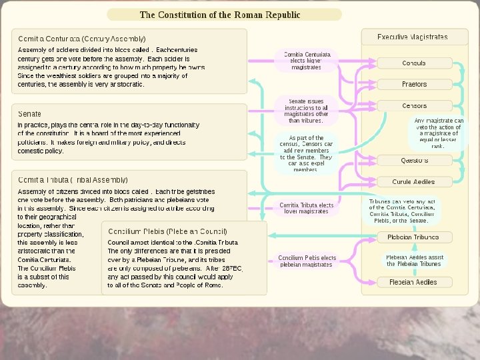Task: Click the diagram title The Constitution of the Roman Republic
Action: pos(219,15)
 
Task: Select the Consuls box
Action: pos(413,63)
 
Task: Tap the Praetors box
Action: pos(413,85)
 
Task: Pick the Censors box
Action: pos(413,106)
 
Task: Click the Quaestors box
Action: pos(413,161)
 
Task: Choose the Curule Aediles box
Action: pos(413,182)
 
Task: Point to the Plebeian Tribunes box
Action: pos(413,237)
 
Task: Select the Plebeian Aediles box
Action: pos(413,282)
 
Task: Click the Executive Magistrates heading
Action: pos(413,37)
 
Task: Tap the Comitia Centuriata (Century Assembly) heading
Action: pos(82,39)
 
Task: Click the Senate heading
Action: pos(29,114)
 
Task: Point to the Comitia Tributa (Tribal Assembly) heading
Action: pos(73,180)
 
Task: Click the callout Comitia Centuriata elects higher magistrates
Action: pos(307,60)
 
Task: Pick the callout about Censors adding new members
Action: pos(307,153)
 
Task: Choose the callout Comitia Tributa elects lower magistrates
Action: pos(307,208)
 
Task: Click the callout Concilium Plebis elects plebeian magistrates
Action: pos(307,261)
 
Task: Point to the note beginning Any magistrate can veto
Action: pos(438,133)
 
